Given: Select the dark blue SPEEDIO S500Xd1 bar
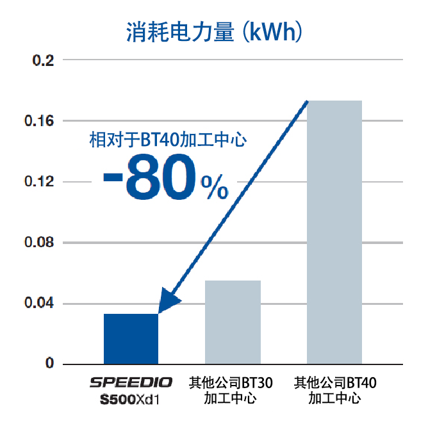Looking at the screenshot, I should tap(131, 339).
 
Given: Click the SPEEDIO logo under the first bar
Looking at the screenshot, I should tap(131, 383).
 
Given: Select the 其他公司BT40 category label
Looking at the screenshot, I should tap(335, 384).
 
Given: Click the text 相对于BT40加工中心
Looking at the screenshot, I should tap(167, 140).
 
